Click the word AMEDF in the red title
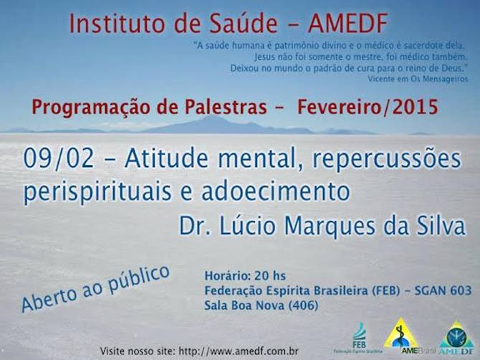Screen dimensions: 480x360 pos(348,24)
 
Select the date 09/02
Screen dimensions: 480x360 pos(59,159)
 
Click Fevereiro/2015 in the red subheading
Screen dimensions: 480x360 pos(368,107)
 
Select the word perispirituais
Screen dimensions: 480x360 pos(97,193)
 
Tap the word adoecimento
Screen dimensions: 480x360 pos(276,191)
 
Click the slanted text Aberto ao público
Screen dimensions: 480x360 pos(95,288)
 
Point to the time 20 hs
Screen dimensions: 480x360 pos(270,276)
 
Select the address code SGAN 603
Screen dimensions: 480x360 pos(443,290)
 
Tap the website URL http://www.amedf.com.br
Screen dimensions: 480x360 pos(238,351)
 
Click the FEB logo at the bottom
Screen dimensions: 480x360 pos(359,337)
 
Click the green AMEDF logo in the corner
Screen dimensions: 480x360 pos(457,338)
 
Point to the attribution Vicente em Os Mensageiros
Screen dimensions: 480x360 pos(418,79)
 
